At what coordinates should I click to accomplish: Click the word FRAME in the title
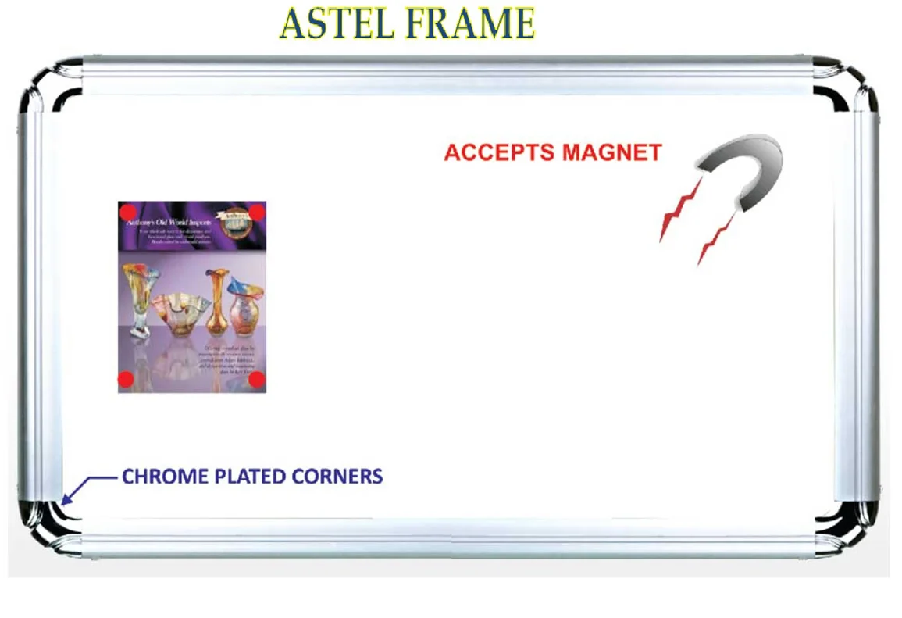[x=471, y=23]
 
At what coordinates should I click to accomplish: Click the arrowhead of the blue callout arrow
[x=66, y=500]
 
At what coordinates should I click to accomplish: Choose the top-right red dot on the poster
[x=258, y=212]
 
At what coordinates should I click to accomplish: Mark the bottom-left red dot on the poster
[x=126, y=380]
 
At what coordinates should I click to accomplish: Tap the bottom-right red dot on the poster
[x=258, y=380]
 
